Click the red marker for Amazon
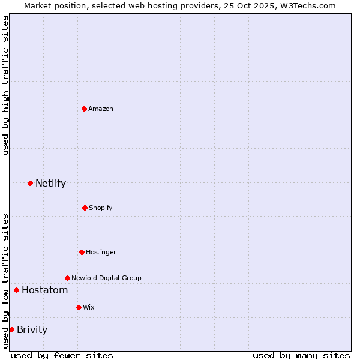[x=84, y=109]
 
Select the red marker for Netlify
[x=30, y=183]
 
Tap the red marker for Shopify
[x=85, y=208]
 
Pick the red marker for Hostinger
[x=82, y=252]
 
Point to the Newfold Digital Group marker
[x=67, y=278]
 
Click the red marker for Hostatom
[x=16, y=290]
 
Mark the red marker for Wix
[x=79, y=307]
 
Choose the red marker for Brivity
[x=11, y=329]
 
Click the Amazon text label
[x=101, y=109]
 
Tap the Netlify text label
[x=50, y=184]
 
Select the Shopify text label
[x=101, y=208]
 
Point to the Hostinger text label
[x=101, y=252]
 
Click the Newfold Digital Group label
[x=106, y=278]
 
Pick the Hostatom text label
[x=44, y=290]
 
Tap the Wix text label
[x=89, y=307]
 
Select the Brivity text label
[x=32, y=329]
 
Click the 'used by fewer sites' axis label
[x=62, y=355]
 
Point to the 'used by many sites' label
[x=301, y=355]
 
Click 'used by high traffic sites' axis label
[x=5, y=85]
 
